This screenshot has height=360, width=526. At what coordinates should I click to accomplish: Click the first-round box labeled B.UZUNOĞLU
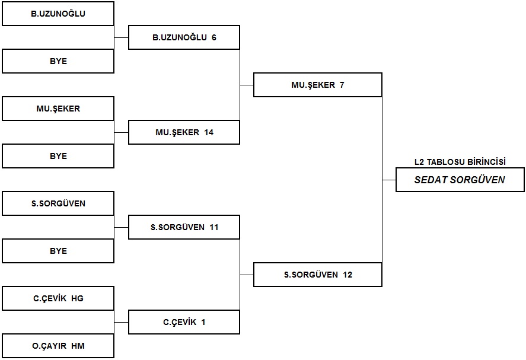[58, 14]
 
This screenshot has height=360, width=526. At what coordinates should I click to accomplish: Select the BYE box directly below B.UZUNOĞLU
[58, 61]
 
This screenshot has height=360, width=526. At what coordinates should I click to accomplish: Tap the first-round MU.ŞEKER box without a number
[58, 109]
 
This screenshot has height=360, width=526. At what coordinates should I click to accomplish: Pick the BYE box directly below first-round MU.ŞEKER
[58, 156]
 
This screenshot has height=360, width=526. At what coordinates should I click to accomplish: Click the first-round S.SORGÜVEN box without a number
[58, 203]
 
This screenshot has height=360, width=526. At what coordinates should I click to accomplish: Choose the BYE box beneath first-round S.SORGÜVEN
[58, 251]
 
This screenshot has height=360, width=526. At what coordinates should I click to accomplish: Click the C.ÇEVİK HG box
[58, 298]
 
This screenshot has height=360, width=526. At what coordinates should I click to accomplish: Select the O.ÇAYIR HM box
[58, 346]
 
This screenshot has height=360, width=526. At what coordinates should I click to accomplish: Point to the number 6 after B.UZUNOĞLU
[214, 37]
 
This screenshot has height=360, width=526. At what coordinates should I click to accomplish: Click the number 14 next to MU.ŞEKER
[209, 132]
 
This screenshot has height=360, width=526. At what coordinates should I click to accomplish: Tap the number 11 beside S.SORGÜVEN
[213, 228]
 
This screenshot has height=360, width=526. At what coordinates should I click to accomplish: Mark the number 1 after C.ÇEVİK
[203, 322]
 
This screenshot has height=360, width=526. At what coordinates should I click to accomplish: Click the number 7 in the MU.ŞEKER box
[342, 85]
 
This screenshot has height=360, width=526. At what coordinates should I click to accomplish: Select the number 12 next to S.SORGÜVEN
[348, 275]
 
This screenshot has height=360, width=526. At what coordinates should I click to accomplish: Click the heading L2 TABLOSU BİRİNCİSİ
[460, 162]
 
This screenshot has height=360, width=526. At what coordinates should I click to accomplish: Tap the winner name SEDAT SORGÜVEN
[460, 180]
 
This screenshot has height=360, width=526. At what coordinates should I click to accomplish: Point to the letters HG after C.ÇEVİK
[77, 298]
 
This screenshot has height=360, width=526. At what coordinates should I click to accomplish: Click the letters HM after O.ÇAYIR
[78, 346]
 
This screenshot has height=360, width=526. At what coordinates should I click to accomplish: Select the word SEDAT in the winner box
[431, 180]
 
